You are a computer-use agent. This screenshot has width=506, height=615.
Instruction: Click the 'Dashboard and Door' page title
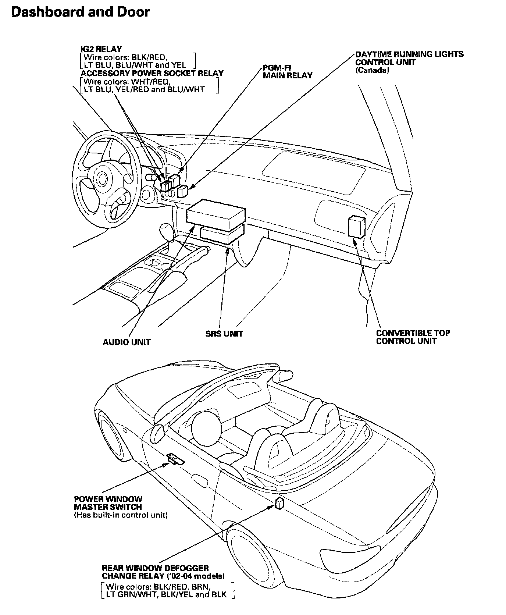tap(81, 12)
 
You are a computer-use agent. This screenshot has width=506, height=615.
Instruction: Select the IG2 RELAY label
tap(101, 49)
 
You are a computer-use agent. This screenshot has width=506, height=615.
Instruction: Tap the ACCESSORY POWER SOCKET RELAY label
tap(152, 73)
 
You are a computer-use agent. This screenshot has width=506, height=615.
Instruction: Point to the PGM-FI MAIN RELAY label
tap(288, 71)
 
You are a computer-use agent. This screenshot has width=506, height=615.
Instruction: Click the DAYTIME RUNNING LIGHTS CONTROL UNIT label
tap(409, 58)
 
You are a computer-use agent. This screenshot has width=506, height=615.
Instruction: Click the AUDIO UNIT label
tap(126, 342)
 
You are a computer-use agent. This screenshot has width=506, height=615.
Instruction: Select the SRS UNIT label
tap(224, 334)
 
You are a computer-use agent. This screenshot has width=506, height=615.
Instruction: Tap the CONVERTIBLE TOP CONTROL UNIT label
tap(413, 337)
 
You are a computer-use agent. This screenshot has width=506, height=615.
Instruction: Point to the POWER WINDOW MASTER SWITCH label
tap(108, 503)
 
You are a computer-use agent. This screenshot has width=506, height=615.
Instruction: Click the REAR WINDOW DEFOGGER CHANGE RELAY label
tap(163, 572)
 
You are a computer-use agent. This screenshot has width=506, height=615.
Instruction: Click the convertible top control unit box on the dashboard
tap(357, 226)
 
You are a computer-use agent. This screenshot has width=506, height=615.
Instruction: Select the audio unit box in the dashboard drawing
tap(216, 216)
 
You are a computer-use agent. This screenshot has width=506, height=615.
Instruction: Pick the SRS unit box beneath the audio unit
tap(222, 234)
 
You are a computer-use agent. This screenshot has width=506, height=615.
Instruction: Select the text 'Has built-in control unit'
tap(121, 515)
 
